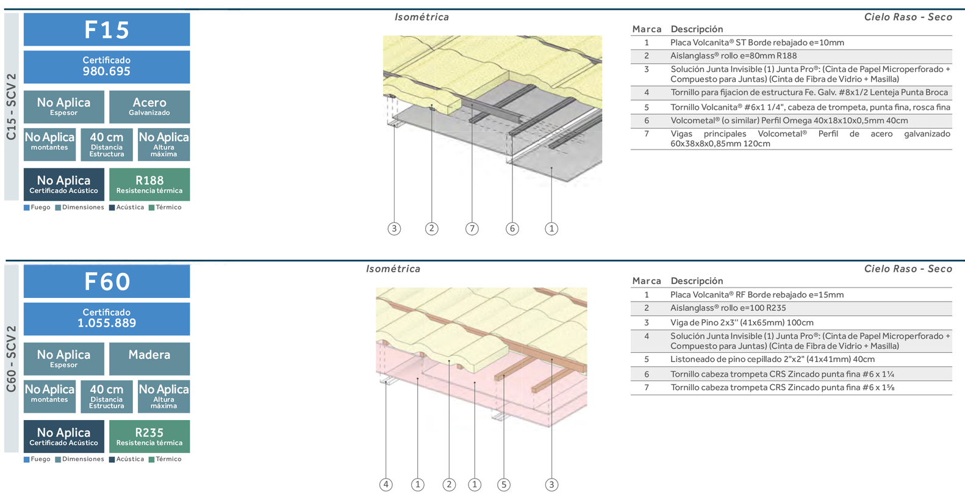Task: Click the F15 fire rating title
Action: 107,29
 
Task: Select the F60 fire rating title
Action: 107,281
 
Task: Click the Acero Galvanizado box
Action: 149,106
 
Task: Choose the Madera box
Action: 149,358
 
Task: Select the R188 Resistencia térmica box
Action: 149,184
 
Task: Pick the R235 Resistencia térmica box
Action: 149,436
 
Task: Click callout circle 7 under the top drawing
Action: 472,229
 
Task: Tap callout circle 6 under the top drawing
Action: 512,229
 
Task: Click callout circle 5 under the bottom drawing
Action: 503,485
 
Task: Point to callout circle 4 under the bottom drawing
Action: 386,485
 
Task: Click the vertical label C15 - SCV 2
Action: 12,107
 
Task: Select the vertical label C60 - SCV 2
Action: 12,359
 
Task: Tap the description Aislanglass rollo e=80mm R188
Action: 733,56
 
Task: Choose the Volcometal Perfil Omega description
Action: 789,121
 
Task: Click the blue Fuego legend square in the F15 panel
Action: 27,208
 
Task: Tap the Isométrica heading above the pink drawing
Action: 393,269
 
